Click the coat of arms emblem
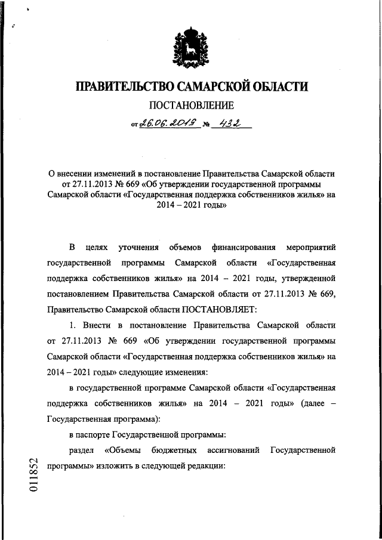pos(191,47)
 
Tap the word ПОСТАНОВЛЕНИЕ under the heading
pos(191,108)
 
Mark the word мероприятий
pos(311,246)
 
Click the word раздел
pos(81,450)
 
